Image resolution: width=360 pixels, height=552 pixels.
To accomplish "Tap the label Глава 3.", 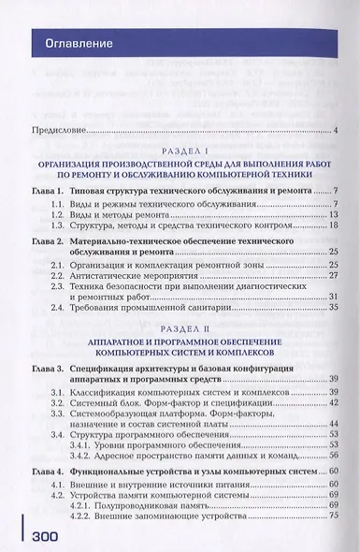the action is click(43, 372).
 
